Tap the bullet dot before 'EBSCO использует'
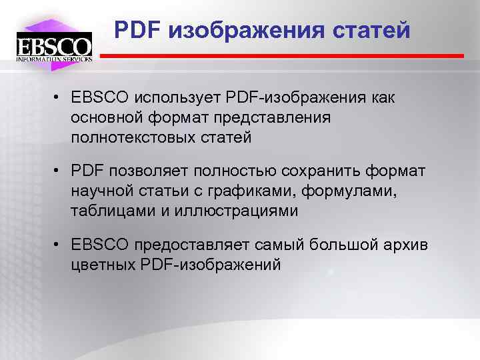coord(59,98)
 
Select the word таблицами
coord(109,212)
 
